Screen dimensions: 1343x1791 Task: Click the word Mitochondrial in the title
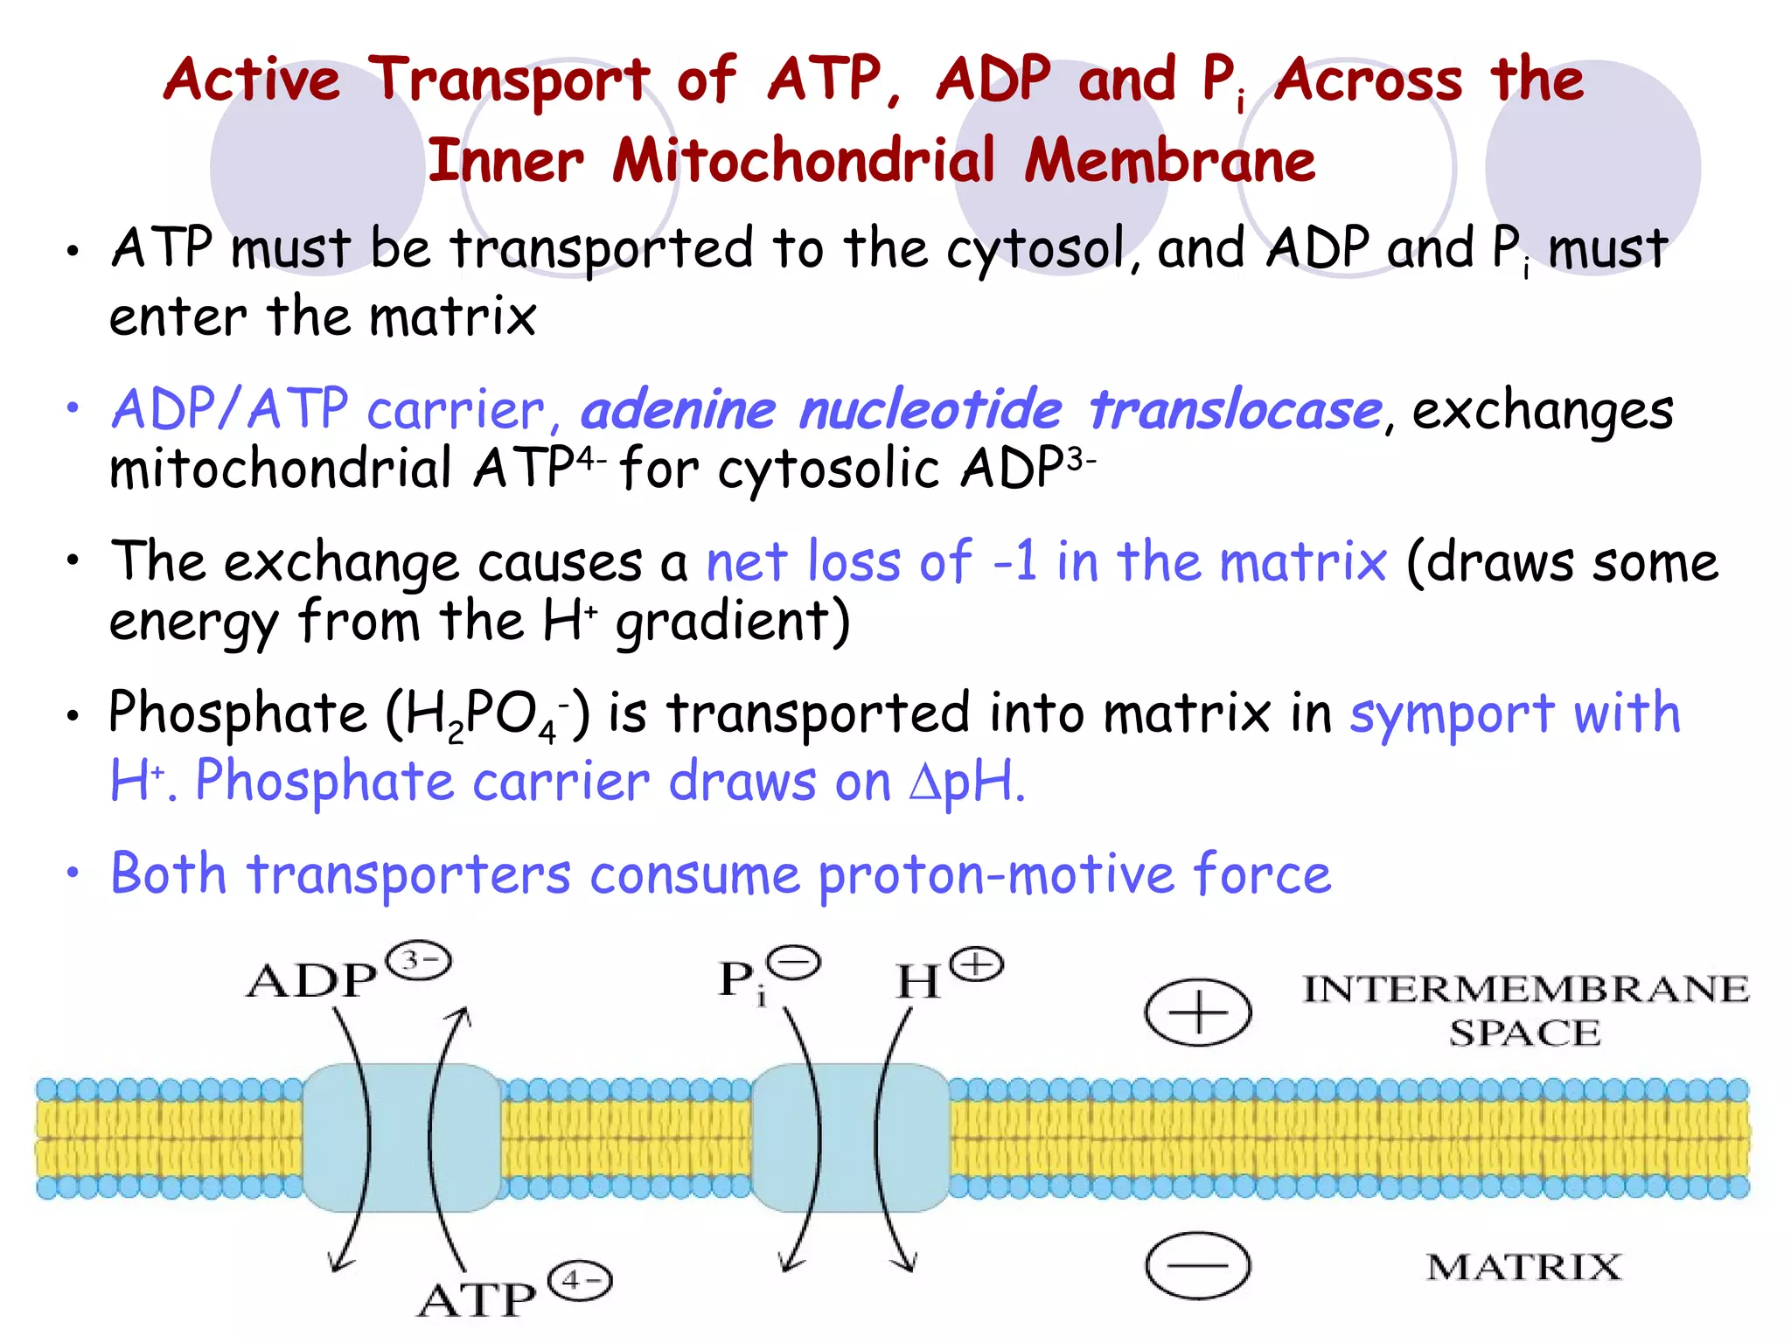click(803, 161)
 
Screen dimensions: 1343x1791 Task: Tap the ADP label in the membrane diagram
click(311, 981)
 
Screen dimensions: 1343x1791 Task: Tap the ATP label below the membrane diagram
click(477, 1300)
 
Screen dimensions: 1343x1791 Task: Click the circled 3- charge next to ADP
click(419, 962)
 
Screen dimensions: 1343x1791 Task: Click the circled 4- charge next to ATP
click(580, 1282)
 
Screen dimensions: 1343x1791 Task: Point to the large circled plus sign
click(1197, 1012)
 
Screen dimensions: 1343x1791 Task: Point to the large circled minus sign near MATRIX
click(1197, 1265)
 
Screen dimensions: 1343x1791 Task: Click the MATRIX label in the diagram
click(1523, 1267)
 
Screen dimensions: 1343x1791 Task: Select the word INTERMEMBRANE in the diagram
click(1526, 989)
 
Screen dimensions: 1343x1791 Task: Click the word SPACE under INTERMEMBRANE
click(1525, 1033)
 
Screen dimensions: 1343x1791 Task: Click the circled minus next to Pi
click(795, 964)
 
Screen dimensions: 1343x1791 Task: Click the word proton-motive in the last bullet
click(996, 874)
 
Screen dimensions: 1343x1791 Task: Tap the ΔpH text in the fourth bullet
click(965, 782)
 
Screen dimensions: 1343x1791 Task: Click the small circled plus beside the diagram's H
click(977, 965)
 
